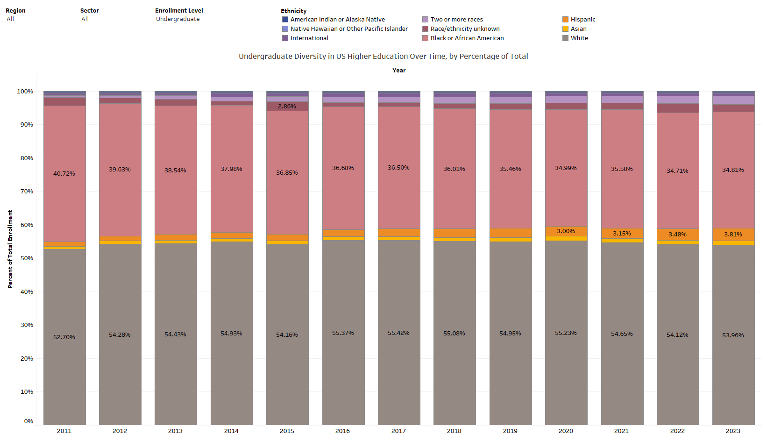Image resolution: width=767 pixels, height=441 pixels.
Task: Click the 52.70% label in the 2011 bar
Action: (x=64, y=337)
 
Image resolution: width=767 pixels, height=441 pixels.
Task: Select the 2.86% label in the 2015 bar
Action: (x=287, y=107)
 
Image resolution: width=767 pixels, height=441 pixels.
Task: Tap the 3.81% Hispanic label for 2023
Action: (x=733, y=235)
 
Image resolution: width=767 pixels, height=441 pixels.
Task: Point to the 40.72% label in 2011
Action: (x=64, y=174)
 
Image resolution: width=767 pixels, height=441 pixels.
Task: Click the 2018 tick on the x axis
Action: (x=454, y=431)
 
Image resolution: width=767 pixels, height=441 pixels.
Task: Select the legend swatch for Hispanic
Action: (x=565, y=20)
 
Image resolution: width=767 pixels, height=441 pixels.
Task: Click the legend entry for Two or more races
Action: (x=456, y=20)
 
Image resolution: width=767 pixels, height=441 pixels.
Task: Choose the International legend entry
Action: (x=309, y=38)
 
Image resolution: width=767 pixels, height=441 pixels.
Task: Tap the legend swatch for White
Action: (x=565, y=38)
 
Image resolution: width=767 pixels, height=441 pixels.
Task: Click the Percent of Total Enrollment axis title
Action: (x=10, y=249)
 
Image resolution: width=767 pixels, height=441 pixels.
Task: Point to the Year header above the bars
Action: (x=399, y=71)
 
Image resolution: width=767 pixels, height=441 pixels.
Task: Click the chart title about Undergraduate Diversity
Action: (x=383, y=57)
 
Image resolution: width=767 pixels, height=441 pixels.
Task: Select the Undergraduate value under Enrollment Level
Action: (x=178, y=19)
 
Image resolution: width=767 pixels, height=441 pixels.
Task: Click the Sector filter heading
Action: (x=90, y=11)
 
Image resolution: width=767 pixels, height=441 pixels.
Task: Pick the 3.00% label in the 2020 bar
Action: (x=566, y=231)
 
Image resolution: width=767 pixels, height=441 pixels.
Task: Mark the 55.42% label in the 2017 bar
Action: (x=398, y=333)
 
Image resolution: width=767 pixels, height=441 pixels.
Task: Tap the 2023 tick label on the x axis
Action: (x=733, y=431)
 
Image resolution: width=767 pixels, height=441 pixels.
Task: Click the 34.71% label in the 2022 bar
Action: (x=677, y=171)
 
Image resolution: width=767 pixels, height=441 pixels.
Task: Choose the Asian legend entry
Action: (x=578, y=29)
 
